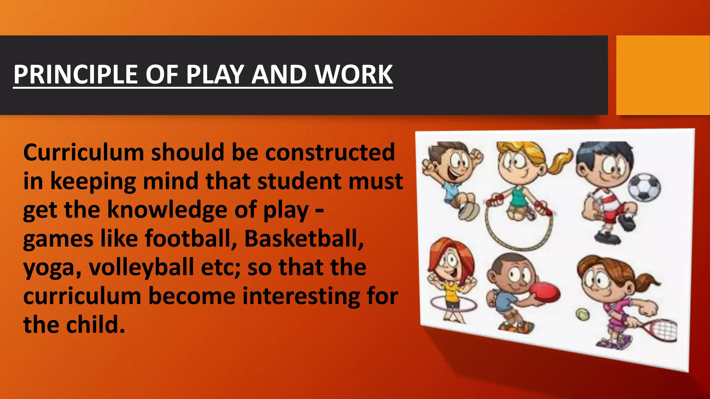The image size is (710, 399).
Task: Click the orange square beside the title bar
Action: [x=663, y=75]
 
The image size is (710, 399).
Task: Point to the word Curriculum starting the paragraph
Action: [x=84, y=152]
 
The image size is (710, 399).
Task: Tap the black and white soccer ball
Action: [x=644, y=187]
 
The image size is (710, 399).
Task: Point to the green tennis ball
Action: [x=582, y=314]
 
